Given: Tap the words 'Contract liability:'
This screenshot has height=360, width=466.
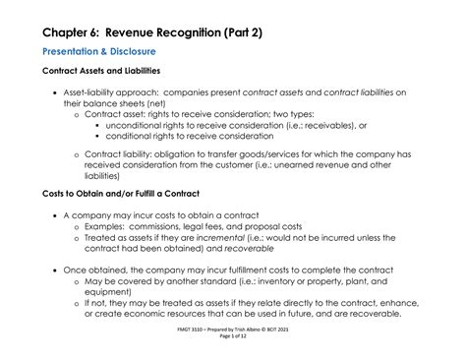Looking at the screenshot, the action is (x=119, y=155).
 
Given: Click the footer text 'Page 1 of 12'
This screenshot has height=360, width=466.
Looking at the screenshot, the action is (x=233, y=339).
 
